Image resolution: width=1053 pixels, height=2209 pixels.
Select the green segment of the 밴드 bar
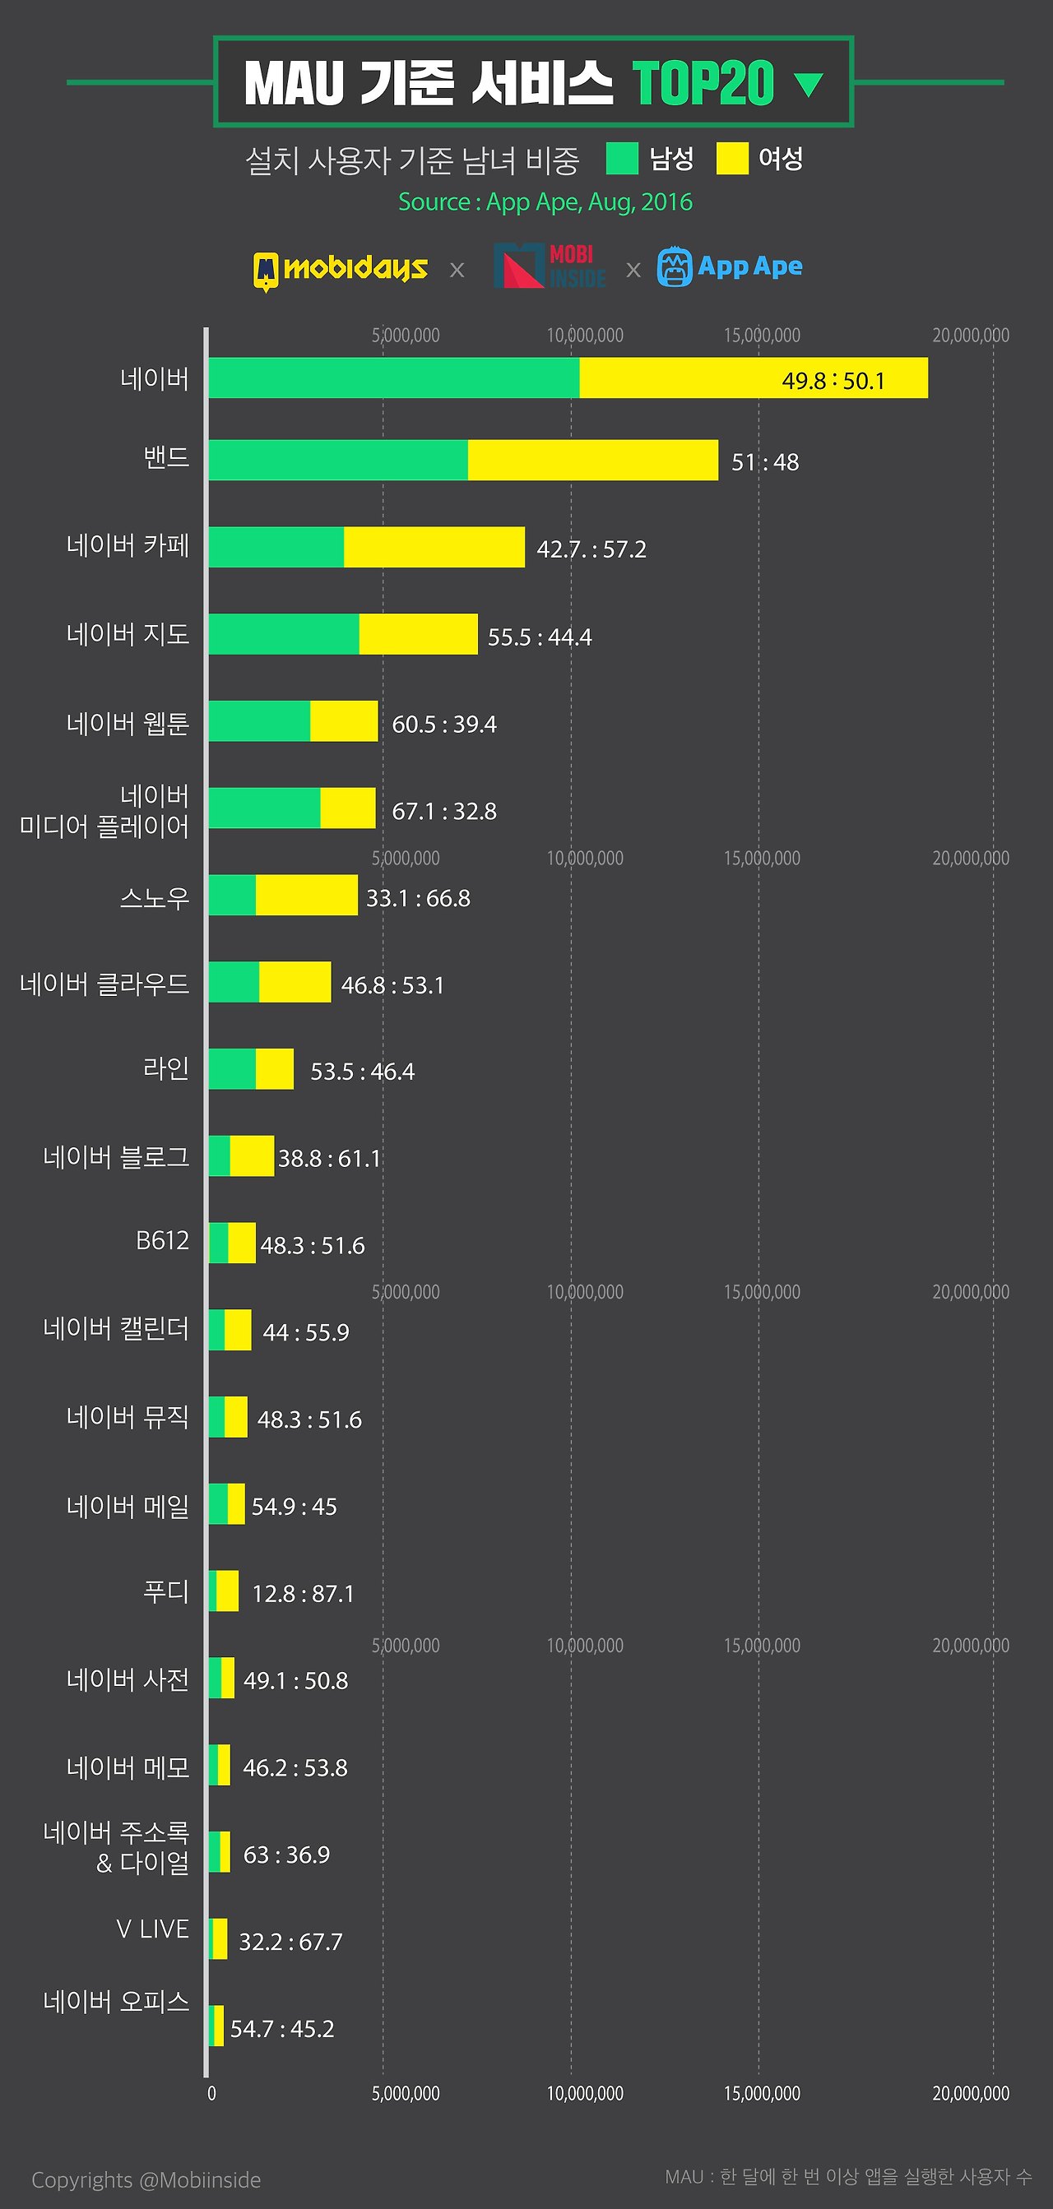pos(338,460)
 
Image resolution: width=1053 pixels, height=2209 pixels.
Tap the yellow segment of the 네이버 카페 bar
pos(434,547)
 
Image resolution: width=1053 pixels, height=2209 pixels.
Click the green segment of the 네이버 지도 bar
pos(284,635)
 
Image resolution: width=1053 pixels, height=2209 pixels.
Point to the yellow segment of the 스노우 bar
pos(306,896)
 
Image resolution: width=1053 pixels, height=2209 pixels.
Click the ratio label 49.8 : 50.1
pos(833,381)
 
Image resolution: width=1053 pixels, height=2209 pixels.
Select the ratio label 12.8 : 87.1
pos(303,1593)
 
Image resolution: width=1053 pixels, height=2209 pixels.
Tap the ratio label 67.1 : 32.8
pos(444,811)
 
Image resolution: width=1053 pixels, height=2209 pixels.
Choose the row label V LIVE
pos(153,1929)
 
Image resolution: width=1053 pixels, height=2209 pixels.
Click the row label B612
pos(162,1241)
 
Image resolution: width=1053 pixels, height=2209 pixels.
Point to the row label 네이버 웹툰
pos(128,724)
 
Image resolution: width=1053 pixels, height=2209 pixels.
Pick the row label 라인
pos(165,1068)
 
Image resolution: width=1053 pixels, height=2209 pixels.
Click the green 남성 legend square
pos(622,159)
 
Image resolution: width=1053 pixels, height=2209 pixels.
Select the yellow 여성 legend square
pos(731,159)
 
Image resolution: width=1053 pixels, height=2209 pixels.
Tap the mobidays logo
pos(341,269)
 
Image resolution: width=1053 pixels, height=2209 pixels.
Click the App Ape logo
pos(730,266)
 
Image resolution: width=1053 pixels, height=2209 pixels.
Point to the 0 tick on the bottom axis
pos(211,2093)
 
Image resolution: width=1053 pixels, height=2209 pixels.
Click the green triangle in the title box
pos(809,84)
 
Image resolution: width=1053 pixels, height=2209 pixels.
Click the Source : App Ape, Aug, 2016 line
pos(545,202)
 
